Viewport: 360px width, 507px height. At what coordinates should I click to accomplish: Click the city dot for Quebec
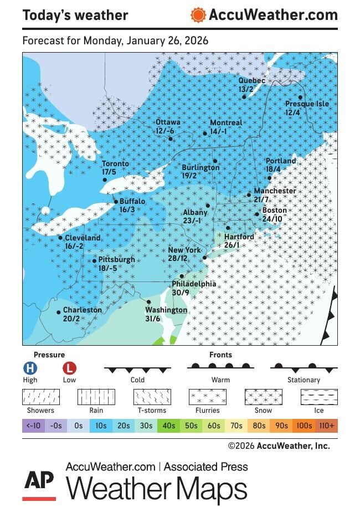point(244,97)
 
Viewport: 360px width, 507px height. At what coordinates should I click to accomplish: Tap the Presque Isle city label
point(307,104)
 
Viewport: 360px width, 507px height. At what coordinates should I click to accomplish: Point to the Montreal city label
point(226,123)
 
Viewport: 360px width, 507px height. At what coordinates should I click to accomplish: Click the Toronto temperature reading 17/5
point(109,172)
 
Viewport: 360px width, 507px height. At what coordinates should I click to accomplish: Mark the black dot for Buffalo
point(115,202)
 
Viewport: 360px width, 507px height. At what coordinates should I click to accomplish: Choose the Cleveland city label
point(83,238)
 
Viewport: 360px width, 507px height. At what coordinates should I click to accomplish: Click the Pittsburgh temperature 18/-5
point(107,268)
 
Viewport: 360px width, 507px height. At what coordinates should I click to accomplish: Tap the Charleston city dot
point(59,313)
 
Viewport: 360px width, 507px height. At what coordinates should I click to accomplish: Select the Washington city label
point(166,310)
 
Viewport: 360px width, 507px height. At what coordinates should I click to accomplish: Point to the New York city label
point(184,250)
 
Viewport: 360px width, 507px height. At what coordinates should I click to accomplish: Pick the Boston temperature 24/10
point(272,219)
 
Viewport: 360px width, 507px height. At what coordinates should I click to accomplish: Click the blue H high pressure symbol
point(30,368)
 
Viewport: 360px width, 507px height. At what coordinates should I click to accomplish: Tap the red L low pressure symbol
point(69,368)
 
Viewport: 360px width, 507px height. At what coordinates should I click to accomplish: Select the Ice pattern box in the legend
point(319,397)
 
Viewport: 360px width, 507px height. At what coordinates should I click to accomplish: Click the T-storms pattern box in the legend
point(152,397)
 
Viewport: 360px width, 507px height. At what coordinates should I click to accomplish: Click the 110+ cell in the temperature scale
point(327,426)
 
